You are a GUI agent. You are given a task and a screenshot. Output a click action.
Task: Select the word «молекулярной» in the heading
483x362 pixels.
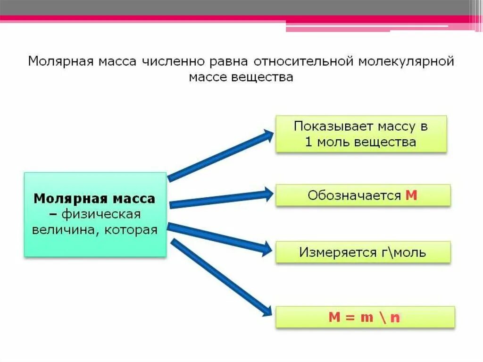pyautogui.click(x=406, y=62)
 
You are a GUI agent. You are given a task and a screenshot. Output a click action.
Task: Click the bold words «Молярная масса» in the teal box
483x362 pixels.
pyautogui.click(x=94, y=198)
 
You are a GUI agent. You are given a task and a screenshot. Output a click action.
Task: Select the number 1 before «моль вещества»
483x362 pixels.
pyautogui.click(x=309, y=142)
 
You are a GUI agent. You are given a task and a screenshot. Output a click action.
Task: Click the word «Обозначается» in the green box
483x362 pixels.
pyautogui.click(x=354, y=195)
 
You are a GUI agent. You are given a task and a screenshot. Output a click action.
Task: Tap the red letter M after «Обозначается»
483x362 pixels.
pyautogui.click(x=411, y=195)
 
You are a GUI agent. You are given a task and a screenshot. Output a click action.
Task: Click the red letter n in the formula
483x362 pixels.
pyautogui.click(x=395, y=318)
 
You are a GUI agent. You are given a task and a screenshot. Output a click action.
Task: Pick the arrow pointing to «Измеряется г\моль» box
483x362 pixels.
pyautogui.click(x=219, y=238)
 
